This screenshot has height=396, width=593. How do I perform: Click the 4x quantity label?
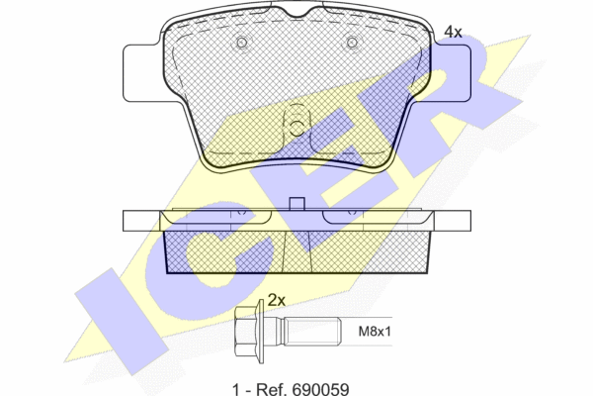453,32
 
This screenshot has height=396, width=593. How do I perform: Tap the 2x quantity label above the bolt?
277,300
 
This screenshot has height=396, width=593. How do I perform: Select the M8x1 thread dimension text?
375,332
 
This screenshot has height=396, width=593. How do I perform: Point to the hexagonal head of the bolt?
245,332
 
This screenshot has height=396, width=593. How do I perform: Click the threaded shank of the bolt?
312,332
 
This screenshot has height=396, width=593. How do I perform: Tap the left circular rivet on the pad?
242,43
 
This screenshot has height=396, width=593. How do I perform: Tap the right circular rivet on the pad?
352,43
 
